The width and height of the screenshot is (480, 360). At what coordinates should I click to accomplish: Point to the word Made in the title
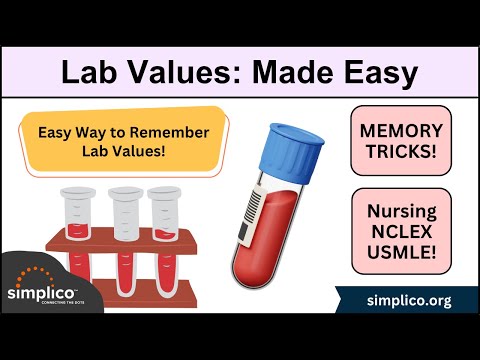[285, 72]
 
